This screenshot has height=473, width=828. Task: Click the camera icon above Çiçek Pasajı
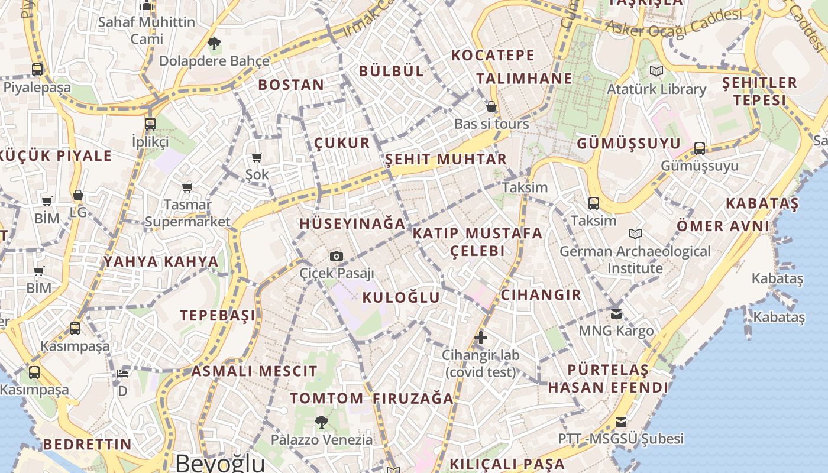(x=337, y=256)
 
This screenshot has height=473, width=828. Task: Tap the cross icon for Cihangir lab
(x=481, y=338)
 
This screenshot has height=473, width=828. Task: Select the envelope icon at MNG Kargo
(x=616, y=313)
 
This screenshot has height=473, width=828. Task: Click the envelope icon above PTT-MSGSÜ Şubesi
(x=620, y=422)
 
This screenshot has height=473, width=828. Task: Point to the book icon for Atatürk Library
(x=656, y=72)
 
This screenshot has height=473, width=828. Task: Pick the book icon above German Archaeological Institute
(x=635, y=234)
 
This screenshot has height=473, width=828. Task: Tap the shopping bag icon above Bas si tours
(x=491, y=107)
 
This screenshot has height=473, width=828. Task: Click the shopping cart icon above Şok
(x=257, y=157)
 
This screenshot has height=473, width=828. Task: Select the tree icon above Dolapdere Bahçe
(x=214, y=43)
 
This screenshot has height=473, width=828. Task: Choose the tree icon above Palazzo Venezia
(x=322, y=422)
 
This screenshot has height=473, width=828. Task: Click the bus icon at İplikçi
(x=150, y=124)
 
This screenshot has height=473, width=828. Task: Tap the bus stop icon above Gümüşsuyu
(x=700, y=148)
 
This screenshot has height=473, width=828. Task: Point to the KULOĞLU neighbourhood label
(x=401, y=297)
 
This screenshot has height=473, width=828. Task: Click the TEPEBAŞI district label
(x=218, y=315)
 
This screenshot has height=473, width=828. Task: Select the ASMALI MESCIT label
(x=254, y=371)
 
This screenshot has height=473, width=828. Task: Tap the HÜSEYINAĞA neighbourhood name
(x=352, y=223)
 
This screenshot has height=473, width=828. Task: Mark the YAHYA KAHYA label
(x=161, y=261)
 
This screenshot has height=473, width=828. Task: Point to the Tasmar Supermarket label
(x=187, y=213)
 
